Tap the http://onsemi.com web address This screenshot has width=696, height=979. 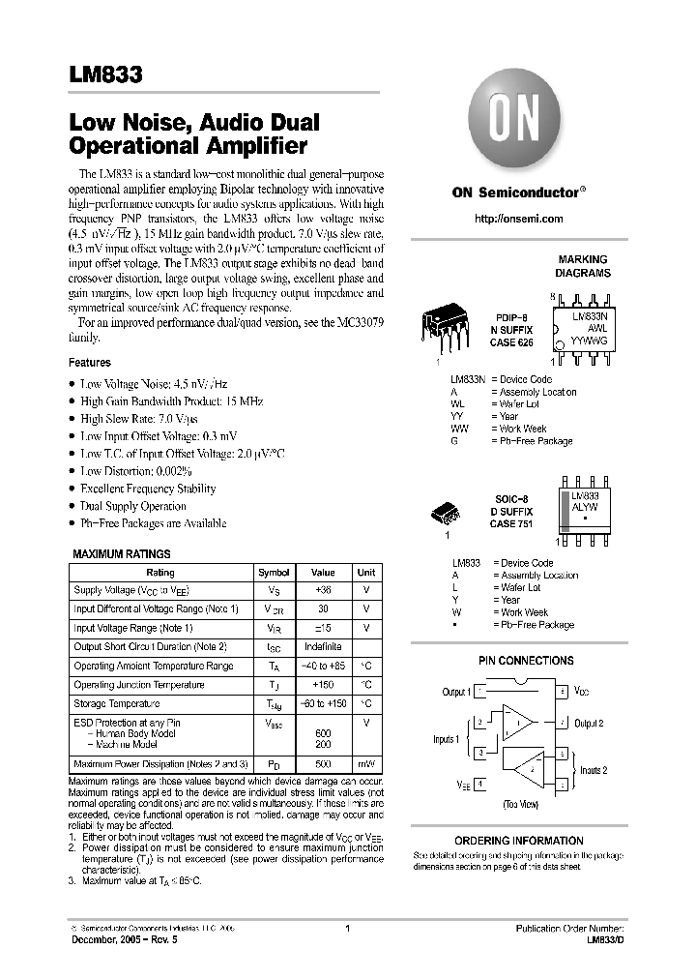tap(518, 220)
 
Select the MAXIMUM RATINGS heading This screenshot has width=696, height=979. tap(122, 554)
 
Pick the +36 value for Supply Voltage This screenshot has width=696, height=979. tap(323, 590)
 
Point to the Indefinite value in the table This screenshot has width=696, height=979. tap(323, 646)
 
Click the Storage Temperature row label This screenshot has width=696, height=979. tap(117, 703)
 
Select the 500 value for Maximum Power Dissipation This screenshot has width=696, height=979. tap(323, 764)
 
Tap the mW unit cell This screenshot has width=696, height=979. tap(366, 764)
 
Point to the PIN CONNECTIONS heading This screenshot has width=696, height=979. tap(526, 661)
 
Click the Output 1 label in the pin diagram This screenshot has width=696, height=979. tap(455, 693)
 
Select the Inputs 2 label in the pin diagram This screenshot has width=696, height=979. tap(593, 770)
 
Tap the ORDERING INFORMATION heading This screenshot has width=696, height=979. tap(519, 841)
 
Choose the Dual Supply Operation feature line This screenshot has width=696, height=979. tap(133, 506)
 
